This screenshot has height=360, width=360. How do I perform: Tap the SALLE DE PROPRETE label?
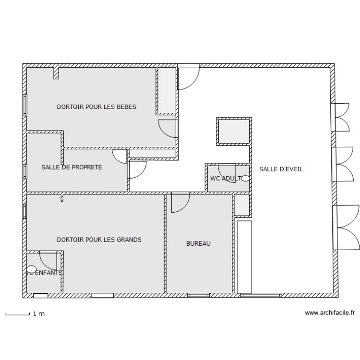pos(72,168)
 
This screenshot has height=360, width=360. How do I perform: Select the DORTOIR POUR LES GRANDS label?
pos(99,240)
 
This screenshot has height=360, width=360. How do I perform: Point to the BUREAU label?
pos(198,244)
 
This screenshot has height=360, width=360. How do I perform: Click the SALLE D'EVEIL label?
pos(281,169)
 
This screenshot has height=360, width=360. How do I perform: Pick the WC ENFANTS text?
pos(44,273)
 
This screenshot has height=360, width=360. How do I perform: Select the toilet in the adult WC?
pos(245,179)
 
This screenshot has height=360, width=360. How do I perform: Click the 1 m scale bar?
pos(17,314)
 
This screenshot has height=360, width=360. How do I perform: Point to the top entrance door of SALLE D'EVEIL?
pos(188,77)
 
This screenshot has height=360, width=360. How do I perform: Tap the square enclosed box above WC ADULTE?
pos(233,131)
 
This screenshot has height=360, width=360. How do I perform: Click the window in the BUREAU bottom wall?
pos(198,295)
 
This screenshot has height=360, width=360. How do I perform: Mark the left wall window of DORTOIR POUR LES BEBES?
pos(25,105)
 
